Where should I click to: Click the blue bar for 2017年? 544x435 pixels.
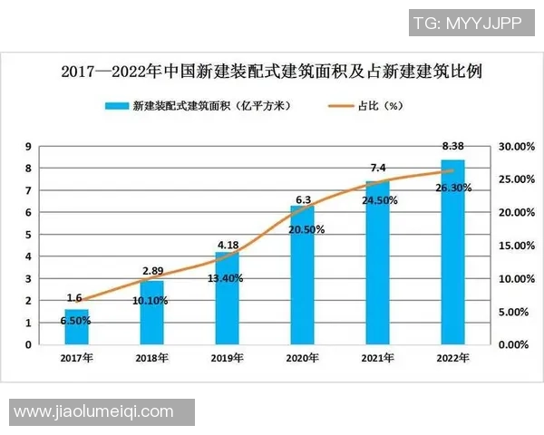tap(77, 327)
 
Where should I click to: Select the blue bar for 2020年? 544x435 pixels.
tap(302, 275)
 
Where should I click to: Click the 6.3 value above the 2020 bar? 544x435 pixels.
tap(302, 199)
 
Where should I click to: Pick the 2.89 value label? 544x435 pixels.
tap(151, 271)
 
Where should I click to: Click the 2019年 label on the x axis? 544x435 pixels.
tap(227, 358)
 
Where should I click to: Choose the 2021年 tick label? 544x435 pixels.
tap(377, 358)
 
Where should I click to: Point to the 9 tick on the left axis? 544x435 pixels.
tap(28, 147)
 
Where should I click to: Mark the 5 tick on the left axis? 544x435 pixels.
tap(28, 235)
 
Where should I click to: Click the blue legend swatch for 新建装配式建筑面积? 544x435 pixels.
tap(116, 106)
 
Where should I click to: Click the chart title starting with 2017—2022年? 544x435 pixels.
tap(271, 71)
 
